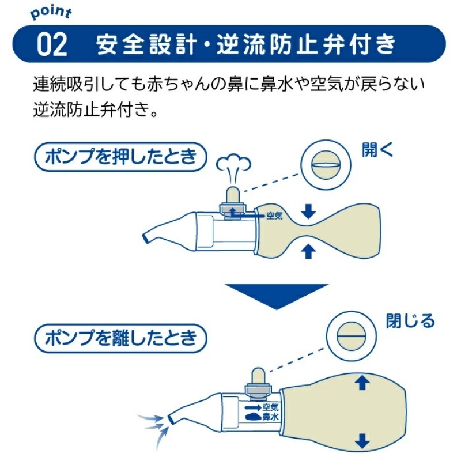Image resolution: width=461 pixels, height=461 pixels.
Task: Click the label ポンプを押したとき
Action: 120,157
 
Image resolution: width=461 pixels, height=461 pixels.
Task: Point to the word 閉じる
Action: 410,322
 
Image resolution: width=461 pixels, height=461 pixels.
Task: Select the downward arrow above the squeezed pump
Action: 309,211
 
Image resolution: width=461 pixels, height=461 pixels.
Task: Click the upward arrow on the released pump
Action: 362,381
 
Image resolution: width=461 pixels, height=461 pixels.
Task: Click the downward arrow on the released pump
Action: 362,442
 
